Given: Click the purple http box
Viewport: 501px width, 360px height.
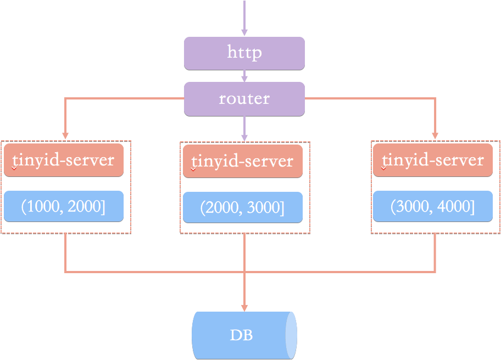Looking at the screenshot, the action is [244, 53].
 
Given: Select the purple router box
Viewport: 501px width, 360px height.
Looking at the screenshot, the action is [244, 99].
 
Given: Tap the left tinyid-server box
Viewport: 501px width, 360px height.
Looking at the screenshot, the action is [64, 160].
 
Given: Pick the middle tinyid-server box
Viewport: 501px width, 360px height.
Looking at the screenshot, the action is [243, 161].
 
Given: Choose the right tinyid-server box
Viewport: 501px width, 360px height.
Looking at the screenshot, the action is [433, 160].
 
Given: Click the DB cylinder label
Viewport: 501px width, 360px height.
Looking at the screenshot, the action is [241, 335].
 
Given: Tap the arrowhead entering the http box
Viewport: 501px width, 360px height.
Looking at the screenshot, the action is [244, 32].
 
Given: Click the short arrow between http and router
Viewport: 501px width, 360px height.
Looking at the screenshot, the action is [244, 76].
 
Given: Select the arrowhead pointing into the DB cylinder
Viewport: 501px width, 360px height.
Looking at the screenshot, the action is [244, 308].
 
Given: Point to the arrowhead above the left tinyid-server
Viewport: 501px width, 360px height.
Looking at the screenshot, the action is [65, 136].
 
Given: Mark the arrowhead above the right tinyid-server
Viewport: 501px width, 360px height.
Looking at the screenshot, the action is [435, 136].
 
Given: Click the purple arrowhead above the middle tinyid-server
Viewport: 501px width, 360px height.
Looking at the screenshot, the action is [244, 137].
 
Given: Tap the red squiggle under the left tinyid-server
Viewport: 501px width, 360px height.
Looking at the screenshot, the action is [14, 168].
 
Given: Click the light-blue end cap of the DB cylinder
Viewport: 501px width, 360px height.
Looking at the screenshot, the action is [291, 335].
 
